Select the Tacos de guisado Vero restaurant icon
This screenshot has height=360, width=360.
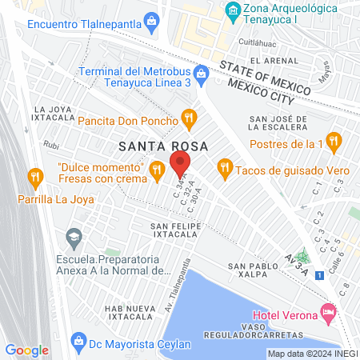point(224,166)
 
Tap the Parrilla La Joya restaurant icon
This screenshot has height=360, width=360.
point(35,175)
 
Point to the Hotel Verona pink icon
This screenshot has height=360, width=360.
point(326,311)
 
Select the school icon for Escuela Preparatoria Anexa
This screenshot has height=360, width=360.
point(74,237)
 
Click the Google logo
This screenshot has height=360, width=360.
point(27,350)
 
